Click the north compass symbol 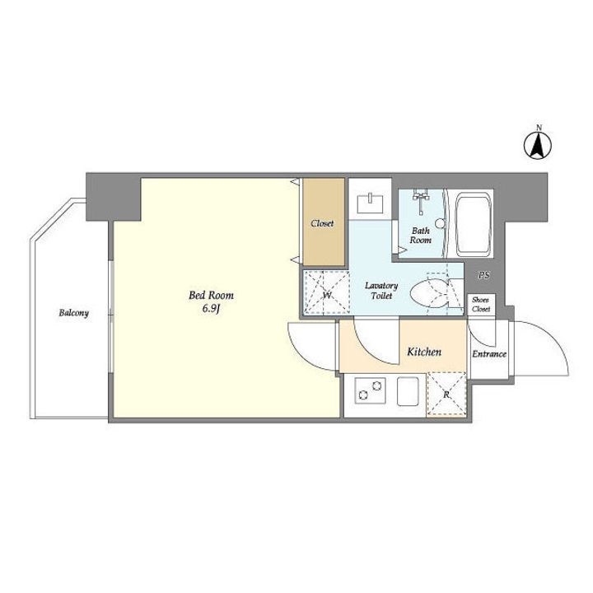[x=537, y=145]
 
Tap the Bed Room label [x=211, y=295]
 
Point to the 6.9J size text [x=211, y=309]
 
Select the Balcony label [x=74, y=313]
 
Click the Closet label [x=322, y=223]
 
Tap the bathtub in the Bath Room [x=474, y=225]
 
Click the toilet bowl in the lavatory [x=430, y=293]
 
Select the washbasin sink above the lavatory [x=371, y=203]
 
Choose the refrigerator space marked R [x=446, y=394]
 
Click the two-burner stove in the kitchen [x=371, y=390]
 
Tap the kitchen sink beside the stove [x=408, y=391]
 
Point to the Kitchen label [x=424, y=353]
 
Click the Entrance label [x=489, y=354]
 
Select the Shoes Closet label [x=481, y=305]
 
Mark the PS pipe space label [x=483, y=275]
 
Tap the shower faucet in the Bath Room [x=421, y=200]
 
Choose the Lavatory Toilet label [x=381, y=291]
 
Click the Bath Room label [x=421, y=236]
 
